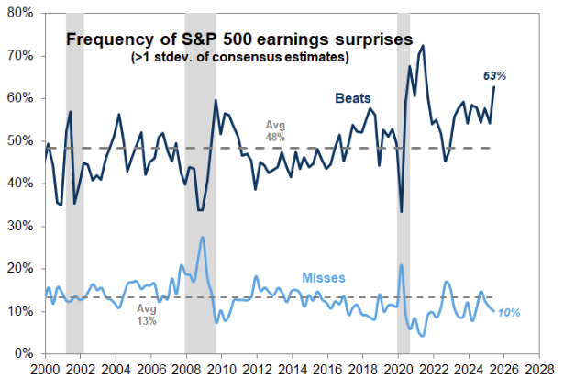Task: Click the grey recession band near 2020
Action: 404,184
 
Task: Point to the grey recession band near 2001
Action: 74,184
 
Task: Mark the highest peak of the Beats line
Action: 423,46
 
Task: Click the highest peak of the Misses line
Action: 202,238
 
